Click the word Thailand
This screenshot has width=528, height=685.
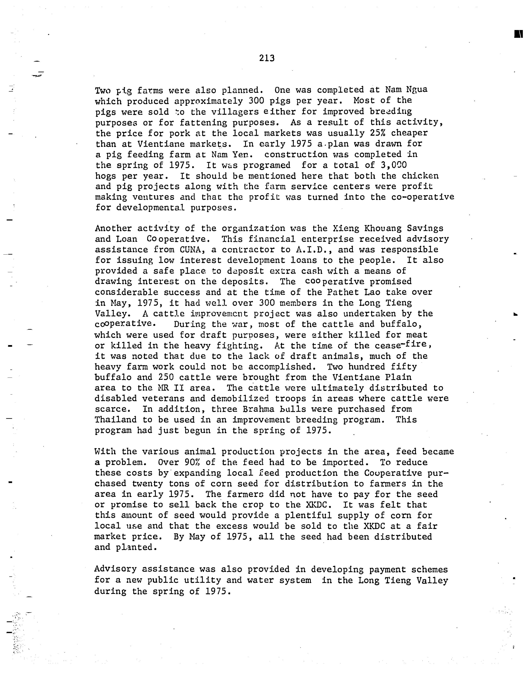pos(116,420)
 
